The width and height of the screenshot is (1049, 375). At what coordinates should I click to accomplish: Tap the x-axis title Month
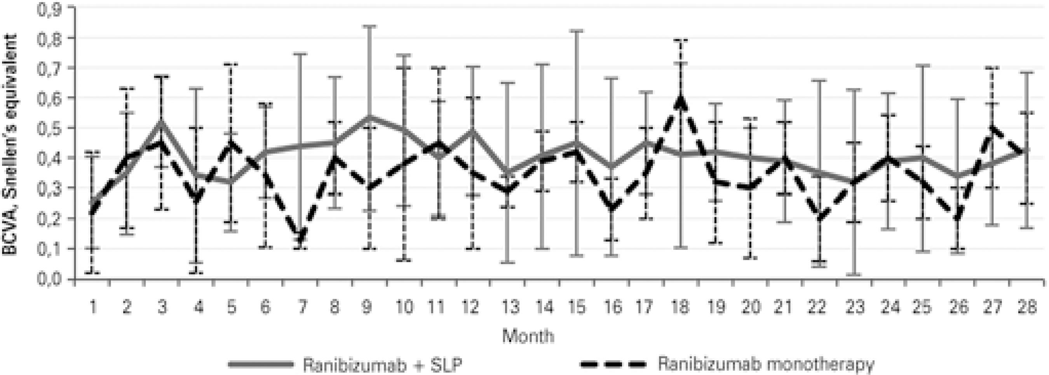[528, 336]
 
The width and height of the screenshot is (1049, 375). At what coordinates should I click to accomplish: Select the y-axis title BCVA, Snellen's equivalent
[10, 145]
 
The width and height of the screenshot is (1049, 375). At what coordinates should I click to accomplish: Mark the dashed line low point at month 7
[301, 236]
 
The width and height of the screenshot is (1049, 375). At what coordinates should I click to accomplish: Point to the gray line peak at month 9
[369, 117]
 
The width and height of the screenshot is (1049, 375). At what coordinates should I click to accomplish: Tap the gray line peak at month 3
[162, 122]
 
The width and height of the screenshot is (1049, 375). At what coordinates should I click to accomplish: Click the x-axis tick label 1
[94, 307]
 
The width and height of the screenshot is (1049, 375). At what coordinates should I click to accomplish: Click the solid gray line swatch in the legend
[261, 364]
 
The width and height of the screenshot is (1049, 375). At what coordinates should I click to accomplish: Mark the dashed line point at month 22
[819, 218]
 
